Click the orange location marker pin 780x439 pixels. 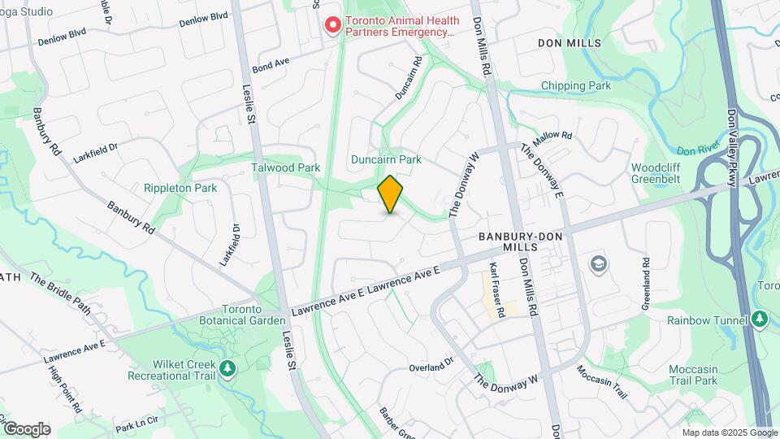tap(391, 194)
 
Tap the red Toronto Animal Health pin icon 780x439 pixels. tap(331, 26)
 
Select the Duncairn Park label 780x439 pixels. tap(386, 160)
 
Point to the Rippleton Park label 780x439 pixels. tap(180, 188)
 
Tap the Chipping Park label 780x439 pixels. tap(575, 85)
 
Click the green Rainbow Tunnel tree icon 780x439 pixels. tap(760, 319)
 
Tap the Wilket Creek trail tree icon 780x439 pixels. tap(229, 370)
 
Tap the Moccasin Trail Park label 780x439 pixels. tap(694, 375)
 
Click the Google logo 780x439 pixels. tap(27, 429)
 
